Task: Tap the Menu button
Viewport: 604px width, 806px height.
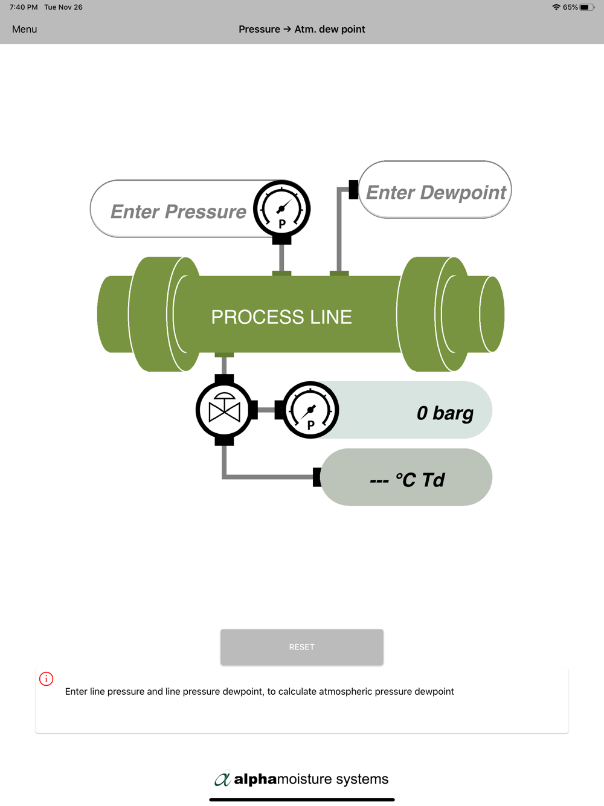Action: click(24, 29)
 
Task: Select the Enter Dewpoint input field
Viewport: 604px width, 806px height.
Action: click(435, 192)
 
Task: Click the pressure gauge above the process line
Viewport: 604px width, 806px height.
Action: click(281, 209)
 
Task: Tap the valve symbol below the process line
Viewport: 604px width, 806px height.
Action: click(224, 410)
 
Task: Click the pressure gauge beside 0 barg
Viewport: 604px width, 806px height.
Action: click(310, 410)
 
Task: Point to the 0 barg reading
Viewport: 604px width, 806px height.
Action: click(445, 413)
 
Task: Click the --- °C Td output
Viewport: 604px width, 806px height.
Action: click(407, 479)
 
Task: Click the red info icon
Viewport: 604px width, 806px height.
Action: click(47, 679)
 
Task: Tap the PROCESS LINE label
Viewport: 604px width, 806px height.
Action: click(281, 317)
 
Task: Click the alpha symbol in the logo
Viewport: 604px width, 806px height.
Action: click(222, 779)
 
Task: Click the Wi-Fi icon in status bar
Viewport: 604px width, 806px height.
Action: click(556, 7)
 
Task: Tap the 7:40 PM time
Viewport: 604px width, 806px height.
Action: click(24, 7)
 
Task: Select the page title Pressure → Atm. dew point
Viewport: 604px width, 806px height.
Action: click(301, 29)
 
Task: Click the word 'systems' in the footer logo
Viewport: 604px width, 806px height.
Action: click(362, 779)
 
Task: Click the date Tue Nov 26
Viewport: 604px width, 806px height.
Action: click(63, 7)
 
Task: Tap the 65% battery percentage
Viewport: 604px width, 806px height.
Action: click(570, 7)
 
